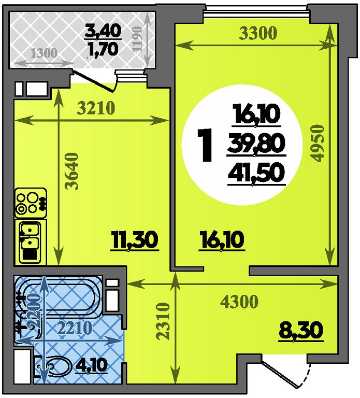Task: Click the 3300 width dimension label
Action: pos(258,33)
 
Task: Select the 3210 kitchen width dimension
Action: pos(96,108)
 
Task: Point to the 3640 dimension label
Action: pos(72,171)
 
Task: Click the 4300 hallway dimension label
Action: pos(239,301)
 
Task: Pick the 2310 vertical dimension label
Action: pos(163,321)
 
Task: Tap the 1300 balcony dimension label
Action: pos(44,53)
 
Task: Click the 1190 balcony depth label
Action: pos(137,39)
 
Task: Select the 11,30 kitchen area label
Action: pos(135,240)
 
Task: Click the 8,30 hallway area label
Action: pos(301,331)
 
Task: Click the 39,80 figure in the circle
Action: pos(256,144)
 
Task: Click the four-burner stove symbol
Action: pos(31,203)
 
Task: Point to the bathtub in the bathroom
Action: pos(59,296)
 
